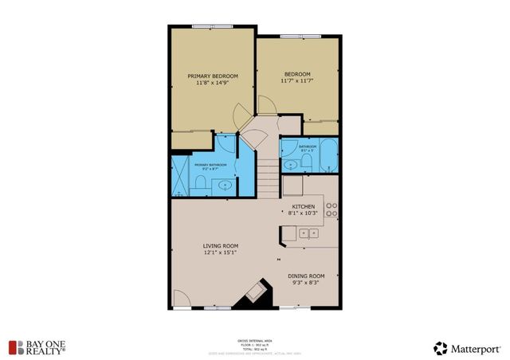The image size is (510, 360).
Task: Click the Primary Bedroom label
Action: point(211,76)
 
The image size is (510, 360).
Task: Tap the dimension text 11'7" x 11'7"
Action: point(296,80)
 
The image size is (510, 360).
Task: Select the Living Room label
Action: point(221,245)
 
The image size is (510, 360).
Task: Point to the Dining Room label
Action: point(306,276)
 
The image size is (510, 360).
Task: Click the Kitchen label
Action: point(303,206)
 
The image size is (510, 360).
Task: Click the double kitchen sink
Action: point(309,233)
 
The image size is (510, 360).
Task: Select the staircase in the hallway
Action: point(268,171)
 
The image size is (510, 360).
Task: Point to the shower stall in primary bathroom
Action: point(180,176)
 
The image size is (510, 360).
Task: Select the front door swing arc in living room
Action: point(181,299)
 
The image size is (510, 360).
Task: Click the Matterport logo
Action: point(469,347)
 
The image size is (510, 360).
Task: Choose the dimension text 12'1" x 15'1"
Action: point(221,253)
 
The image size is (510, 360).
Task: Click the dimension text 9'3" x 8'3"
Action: point(306,283)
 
